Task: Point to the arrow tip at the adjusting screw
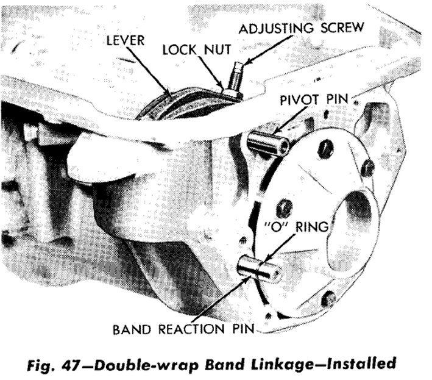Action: point(244,64)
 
